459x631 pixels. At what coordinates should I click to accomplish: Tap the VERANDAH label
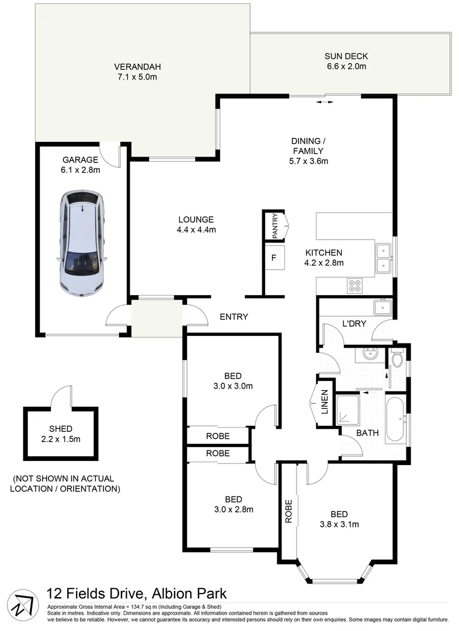[x=137, y=66]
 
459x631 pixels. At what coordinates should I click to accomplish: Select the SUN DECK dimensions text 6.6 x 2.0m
[x=346, y=67]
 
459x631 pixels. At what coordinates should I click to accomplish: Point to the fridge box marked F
[x=273, y=258]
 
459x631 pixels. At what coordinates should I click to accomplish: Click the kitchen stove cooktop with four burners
[x=354, y=286]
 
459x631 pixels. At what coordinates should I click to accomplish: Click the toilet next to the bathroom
[x=397, y=358]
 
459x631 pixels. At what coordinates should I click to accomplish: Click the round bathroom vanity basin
[x=369, y=353]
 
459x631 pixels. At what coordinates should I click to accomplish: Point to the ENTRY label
[x=234, y=317]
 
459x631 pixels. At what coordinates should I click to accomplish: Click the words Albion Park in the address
[x=189, y=594]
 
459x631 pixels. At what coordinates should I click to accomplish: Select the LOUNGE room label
[x=196, y=220]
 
